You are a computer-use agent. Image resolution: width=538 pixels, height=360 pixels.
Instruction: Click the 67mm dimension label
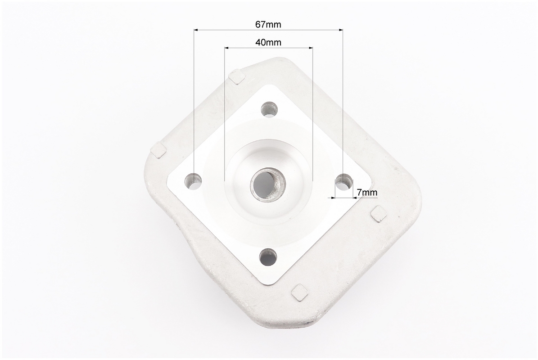268,25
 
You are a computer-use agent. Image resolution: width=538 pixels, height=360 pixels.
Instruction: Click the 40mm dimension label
268,42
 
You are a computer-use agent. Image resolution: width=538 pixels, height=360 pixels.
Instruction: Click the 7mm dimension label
367,193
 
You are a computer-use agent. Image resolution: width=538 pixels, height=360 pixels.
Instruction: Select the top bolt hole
269,109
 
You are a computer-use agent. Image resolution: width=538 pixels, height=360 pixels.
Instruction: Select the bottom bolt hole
268,257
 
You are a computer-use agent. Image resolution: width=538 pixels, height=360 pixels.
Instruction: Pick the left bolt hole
194,181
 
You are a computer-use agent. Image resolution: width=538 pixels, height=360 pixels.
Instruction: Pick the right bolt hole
344,182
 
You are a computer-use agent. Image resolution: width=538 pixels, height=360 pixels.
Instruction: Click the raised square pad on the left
158,149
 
